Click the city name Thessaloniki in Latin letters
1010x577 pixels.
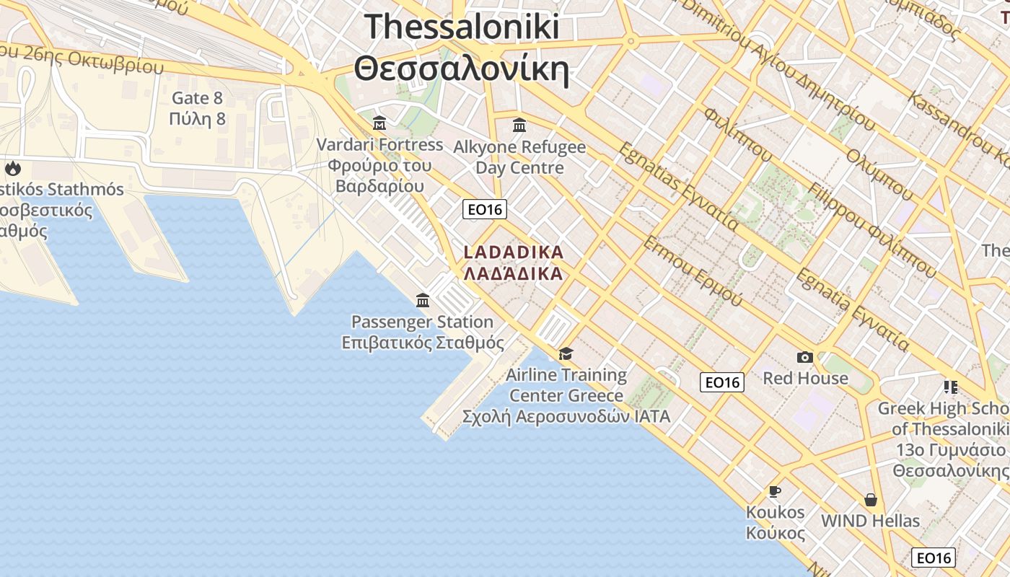pyautogui.click(x=462, y=27)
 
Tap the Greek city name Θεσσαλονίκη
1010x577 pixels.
pyautogui.click(x=462, y=70)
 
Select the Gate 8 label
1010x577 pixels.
pyautogui.click(x=197, y=97)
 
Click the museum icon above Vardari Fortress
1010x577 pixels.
pyautogui.click(x=379, y=123)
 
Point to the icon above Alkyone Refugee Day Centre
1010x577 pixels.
pyautogui.click(x=519, y=125)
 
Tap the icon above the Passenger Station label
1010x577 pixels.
pyautogui.click(x=423, y=300)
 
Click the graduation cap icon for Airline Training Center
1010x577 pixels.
pyautogui.click(x=566, y=353)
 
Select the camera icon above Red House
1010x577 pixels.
pyautogui.click(x=805, y=357)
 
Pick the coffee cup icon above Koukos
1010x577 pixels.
pyautogui.click(x=775, y=491)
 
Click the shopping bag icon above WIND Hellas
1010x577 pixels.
pyautogui.click(x=871, y=499)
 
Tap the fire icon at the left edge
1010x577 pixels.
pyautogui.click(x=13, y=169)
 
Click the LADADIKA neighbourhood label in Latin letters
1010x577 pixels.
pyautogui.click(x=513, y=252)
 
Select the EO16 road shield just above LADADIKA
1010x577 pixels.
pyautogui.click(x=485, y=209)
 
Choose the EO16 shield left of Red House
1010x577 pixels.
pyautogui.click(x=722, y=382)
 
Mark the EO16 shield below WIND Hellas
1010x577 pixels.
pyautogui.click(x=934, y=558)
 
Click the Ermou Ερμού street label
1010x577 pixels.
pyautogui.click(x=692, y=271)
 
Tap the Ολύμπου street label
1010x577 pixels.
pyautogui.click(x=879, y=174)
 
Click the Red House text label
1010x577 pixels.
pyautogui.click(x=805, y=378)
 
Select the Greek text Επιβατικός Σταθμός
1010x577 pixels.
pyautogui.click(x=423, y=343)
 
